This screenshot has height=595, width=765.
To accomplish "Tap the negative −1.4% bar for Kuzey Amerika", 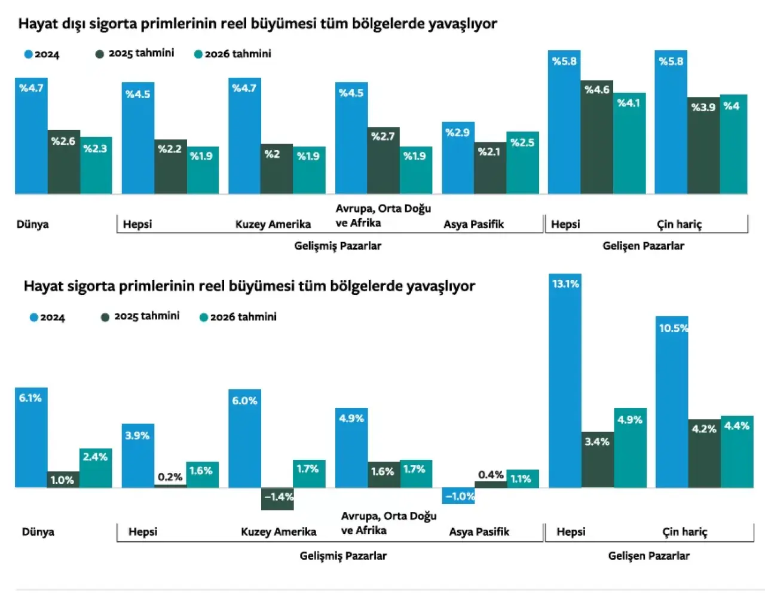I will [x=277, y=499].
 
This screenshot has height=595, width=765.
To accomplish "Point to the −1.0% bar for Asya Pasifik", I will [x=458, y=496].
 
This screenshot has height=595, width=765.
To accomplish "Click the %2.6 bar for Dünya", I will [x=64, y=161].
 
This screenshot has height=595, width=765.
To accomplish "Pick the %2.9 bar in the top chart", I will [x=458, y=158].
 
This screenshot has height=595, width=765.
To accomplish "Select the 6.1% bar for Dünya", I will [x=31, y=438].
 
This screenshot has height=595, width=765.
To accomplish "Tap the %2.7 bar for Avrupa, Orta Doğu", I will [x=383, y=160].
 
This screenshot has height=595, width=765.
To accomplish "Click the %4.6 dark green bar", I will [x=596, y=137].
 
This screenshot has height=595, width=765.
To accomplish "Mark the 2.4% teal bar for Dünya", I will [x=96, y=468].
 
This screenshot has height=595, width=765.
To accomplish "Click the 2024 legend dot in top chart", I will [x=28, y=54].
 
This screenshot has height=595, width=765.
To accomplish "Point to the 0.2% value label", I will [x=170, y=477].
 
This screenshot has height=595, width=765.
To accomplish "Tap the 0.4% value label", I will [x=491, y=475].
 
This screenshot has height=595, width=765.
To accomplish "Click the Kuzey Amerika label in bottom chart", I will [x=279, y=532].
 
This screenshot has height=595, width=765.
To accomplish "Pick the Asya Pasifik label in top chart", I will [x=473, y=224].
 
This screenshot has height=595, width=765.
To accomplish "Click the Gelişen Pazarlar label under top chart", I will [x=643, y=246].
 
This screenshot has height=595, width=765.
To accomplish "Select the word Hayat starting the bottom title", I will [x=43, y=286].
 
